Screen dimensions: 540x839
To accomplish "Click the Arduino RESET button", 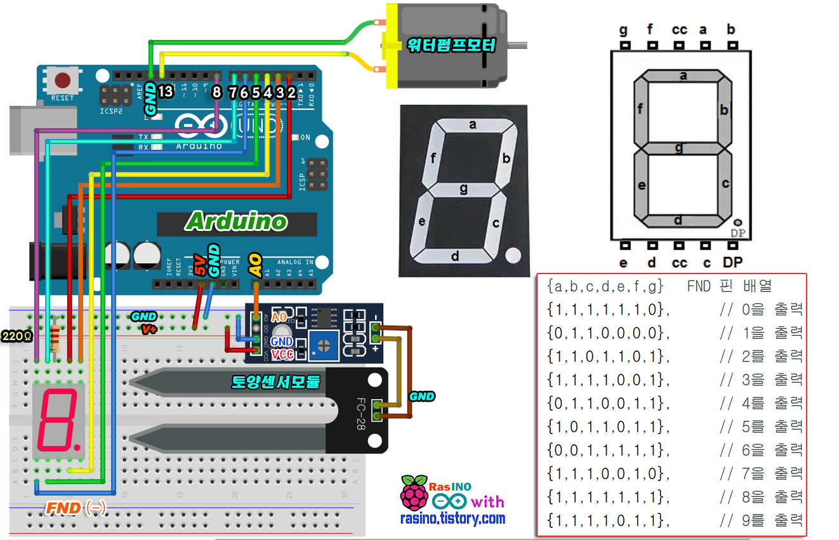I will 62,81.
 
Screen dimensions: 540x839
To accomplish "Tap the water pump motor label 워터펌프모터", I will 453,45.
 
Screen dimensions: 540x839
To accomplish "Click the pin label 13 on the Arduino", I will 166,92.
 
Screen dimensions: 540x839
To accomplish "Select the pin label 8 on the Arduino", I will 216,92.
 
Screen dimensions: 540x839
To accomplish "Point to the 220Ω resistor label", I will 17,336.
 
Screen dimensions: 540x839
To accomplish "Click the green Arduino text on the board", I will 236,221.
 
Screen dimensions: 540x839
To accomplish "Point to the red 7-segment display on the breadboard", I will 58,418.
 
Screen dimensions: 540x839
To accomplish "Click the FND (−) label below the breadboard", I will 76,508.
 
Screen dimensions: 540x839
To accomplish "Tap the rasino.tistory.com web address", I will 453,518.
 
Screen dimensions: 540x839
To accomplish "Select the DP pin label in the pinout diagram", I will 732,261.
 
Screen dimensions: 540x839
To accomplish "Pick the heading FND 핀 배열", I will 729,286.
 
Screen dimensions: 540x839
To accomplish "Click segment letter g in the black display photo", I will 463,188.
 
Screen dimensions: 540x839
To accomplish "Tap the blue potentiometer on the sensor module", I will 324,344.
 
